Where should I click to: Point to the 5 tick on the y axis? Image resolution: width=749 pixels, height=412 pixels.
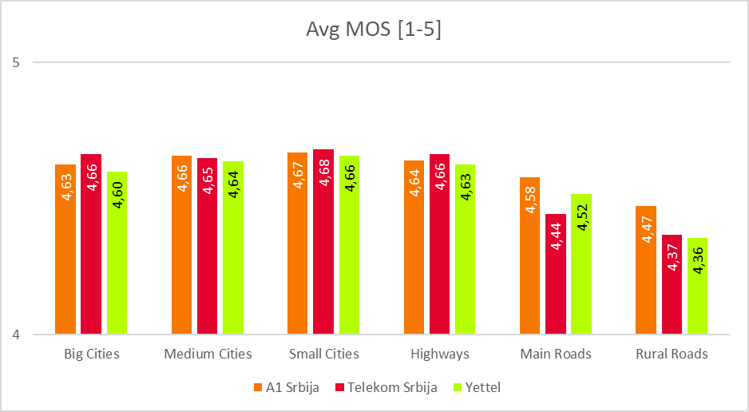(16, 62)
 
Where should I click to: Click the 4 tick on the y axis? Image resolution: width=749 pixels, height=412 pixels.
(16, 335)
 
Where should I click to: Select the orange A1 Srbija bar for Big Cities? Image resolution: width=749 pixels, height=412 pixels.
(65, 249)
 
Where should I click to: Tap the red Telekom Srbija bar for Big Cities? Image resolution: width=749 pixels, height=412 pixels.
(91, 244)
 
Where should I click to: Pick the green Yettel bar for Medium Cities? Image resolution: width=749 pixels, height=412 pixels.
(233, 248)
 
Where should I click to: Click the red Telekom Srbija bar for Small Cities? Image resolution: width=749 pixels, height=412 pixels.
(323, 241)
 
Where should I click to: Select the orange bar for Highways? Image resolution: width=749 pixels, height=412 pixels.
(414, 247)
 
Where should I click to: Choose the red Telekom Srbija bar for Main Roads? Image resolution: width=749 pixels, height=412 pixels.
(556, 274)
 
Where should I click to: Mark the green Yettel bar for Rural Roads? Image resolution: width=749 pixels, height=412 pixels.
(697, 286)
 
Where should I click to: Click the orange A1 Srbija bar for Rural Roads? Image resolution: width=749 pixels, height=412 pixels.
(646, 270)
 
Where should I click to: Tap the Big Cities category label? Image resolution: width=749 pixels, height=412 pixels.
(91, 354)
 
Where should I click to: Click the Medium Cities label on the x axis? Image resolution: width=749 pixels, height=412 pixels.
(208, 354)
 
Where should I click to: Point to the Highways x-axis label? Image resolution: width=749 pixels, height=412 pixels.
(440, 354)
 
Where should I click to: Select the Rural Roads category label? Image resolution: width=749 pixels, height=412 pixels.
(672, 354)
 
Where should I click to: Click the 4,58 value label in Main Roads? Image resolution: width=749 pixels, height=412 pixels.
(530, 199)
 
